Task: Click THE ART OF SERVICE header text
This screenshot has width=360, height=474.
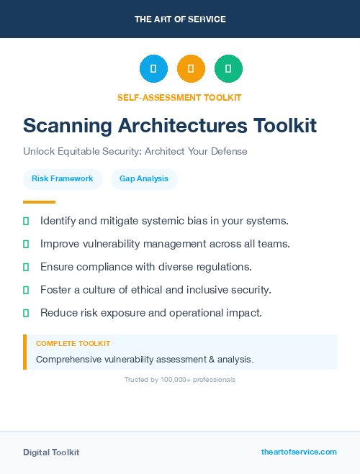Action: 180,19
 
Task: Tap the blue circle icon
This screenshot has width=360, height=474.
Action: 153,69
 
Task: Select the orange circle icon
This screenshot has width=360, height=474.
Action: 191,69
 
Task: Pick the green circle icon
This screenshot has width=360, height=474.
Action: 228,69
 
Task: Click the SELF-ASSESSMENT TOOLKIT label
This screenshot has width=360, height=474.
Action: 179,97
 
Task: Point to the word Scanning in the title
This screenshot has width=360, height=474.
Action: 63,126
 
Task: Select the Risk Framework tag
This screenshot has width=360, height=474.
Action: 62,178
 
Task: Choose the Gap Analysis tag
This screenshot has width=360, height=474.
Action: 144,178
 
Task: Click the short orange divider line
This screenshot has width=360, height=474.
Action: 39,202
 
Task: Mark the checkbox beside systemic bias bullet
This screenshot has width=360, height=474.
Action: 26,221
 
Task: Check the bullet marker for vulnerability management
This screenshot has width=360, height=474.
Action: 26,244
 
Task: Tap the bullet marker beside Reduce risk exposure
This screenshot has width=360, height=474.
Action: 26,313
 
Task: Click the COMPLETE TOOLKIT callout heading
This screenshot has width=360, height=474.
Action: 73,344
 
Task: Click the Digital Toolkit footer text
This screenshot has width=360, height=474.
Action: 51,452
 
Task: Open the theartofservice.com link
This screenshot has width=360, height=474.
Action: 299,452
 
